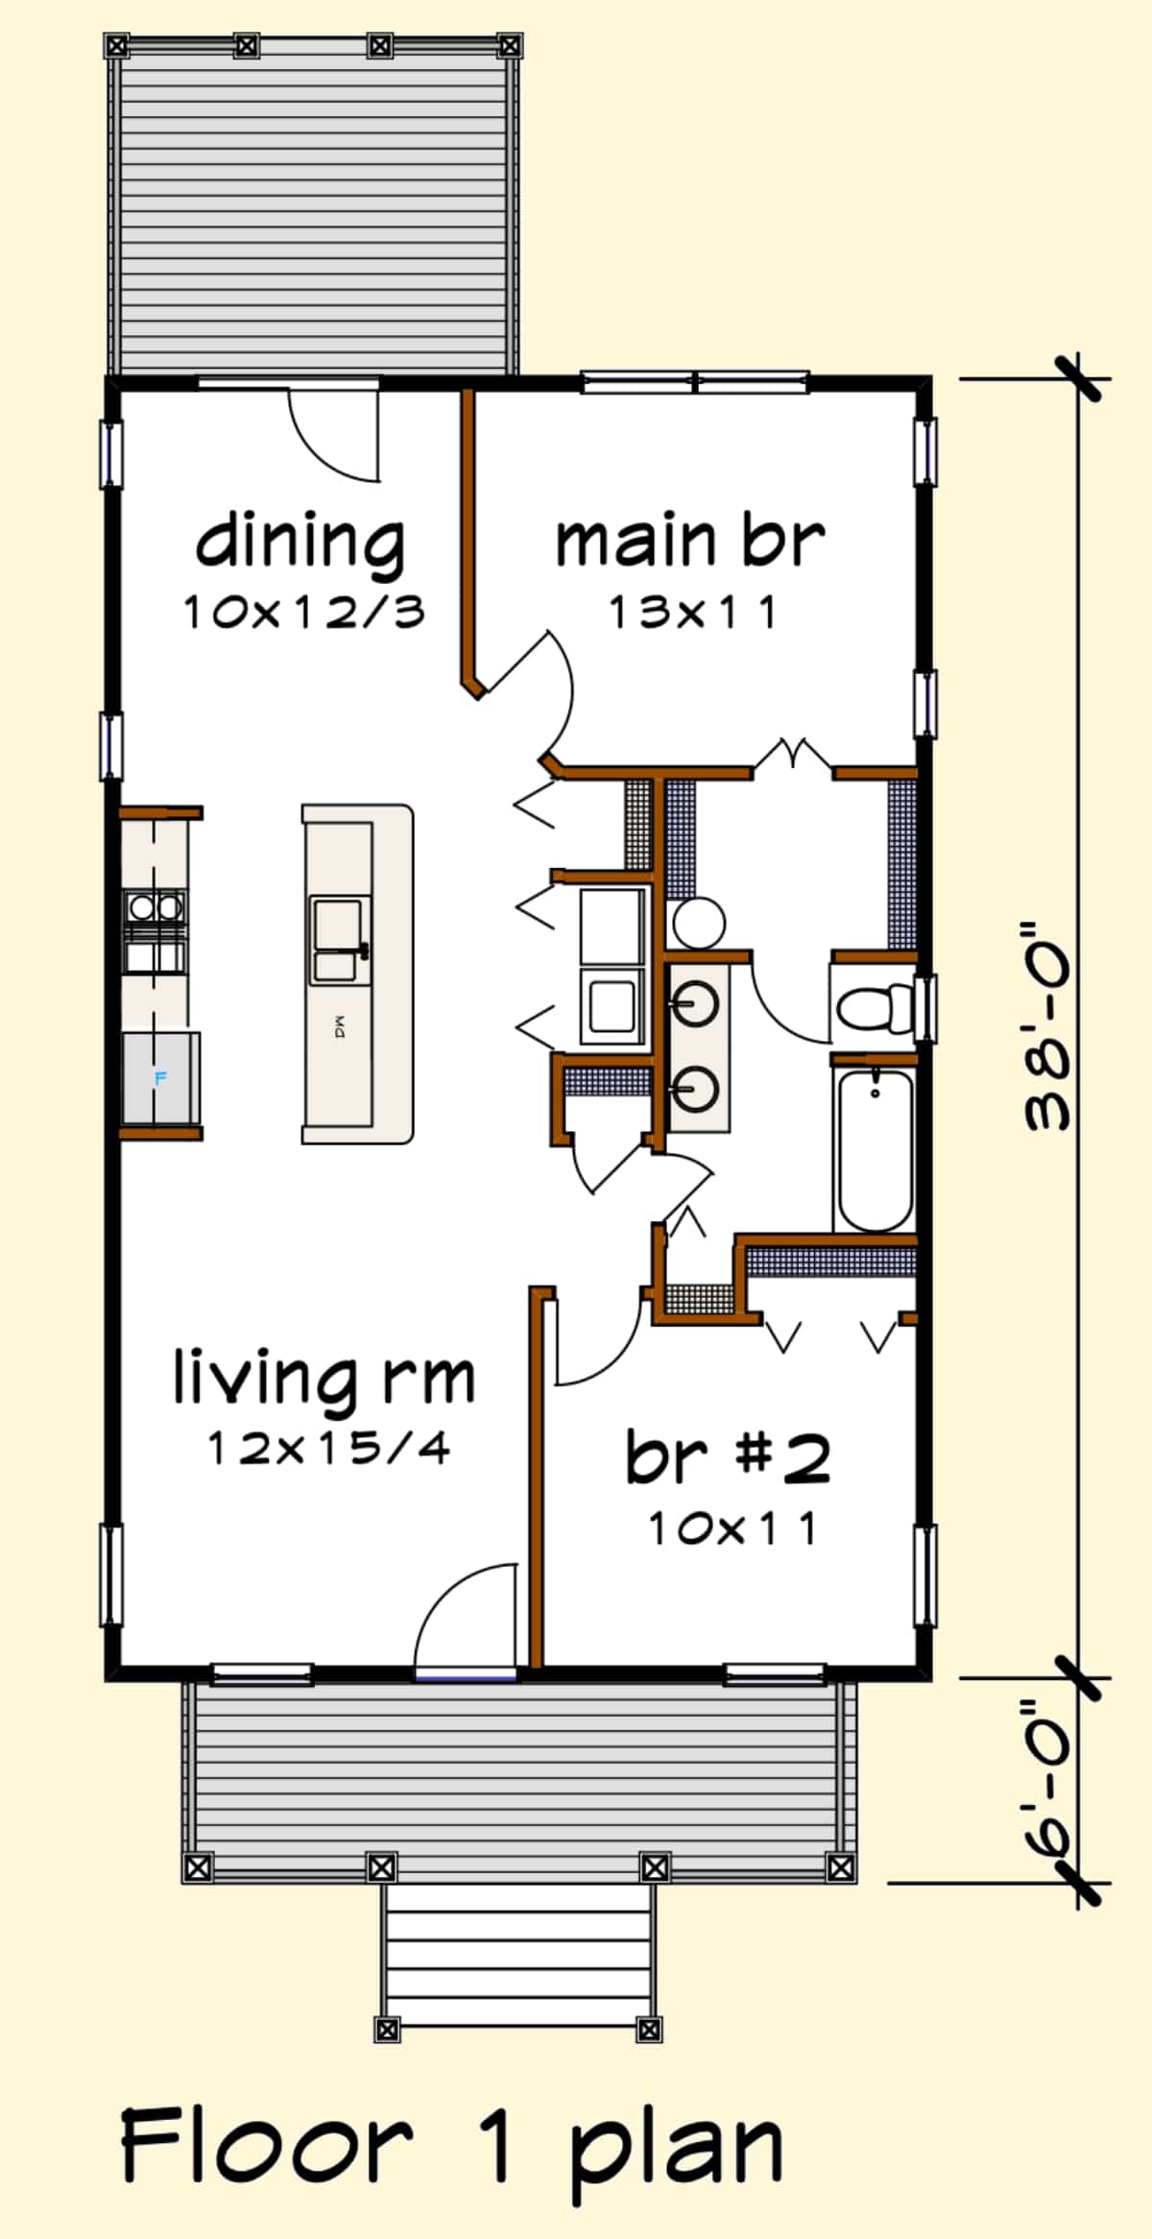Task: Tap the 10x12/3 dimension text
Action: pyautogui.click(x=303, y=613)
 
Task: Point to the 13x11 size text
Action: pyautogui.click(x=692, y=613)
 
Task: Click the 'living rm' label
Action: pyautogui.click(x=324, y=1379)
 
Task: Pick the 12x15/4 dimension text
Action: pyautogui.click(x=328, y=1449)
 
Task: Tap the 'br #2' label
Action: pyautogui.click(x=728, y=1457)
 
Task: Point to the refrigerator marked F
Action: pyautogui.click(x=159, y=1078)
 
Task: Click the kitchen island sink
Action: pyautogui.click(x=339, y=941)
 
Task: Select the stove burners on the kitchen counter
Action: pyautogui.click(x=155, y=906)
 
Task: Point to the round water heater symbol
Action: pyautogui.click(x=698, y=923)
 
